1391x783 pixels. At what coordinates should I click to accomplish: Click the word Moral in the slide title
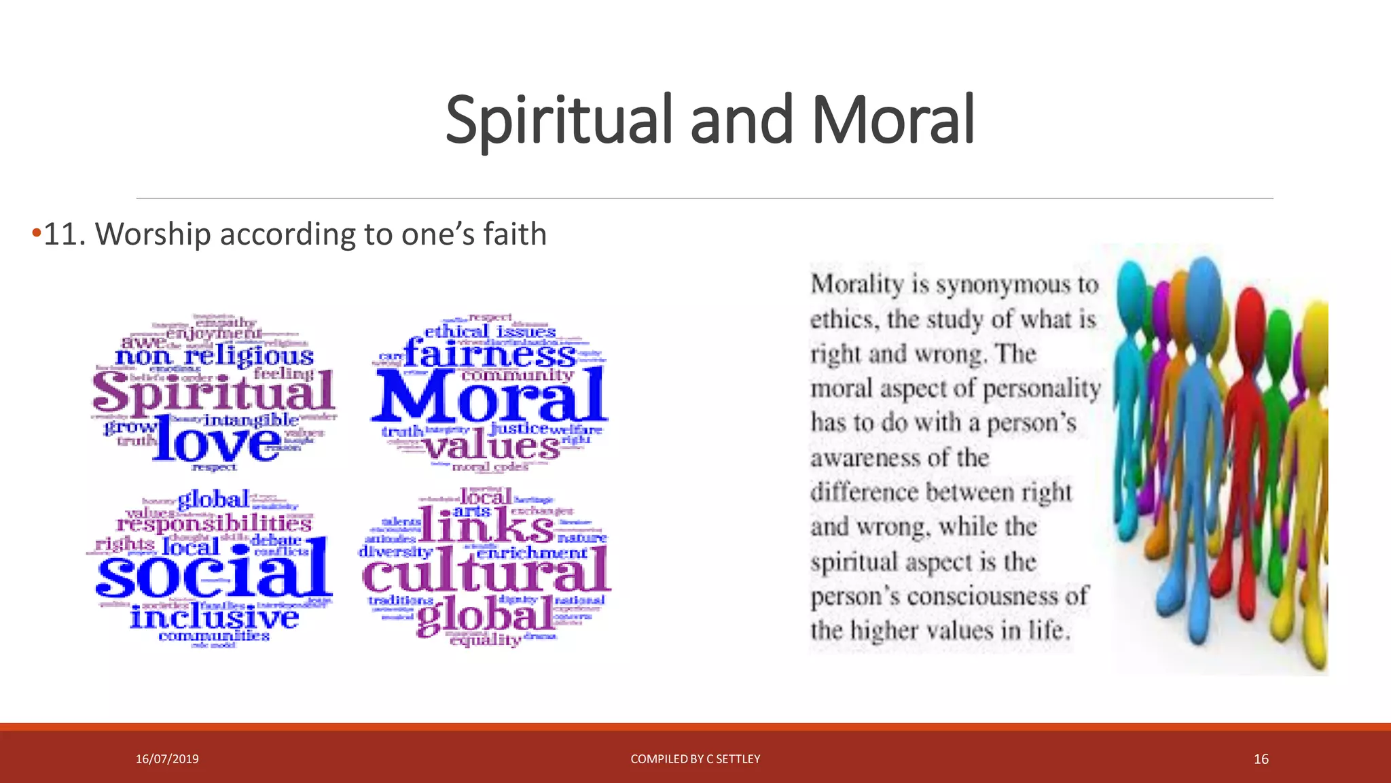pos(892,120)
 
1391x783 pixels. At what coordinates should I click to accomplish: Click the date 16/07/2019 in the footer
pos(167,759)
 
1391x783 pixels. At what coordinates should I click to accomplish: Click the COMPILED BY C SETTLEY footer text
pos(695,759)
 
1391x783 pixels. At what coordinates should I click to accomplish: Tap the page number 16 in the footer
pos(1261,759)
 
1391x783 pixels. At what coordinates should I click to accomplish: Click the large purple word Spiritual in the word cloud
pos(213,393)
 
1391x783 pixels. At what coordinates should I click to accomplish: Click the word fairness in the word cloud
pos(489,354)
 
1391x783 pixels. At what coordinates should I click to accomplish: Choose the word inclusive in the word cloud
pos(214,617)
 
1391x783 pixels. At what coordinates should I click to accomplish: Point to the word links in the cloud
pos(486,525)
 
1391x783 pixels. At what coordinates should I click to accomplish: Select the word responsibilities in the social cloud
pos(214,523)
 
